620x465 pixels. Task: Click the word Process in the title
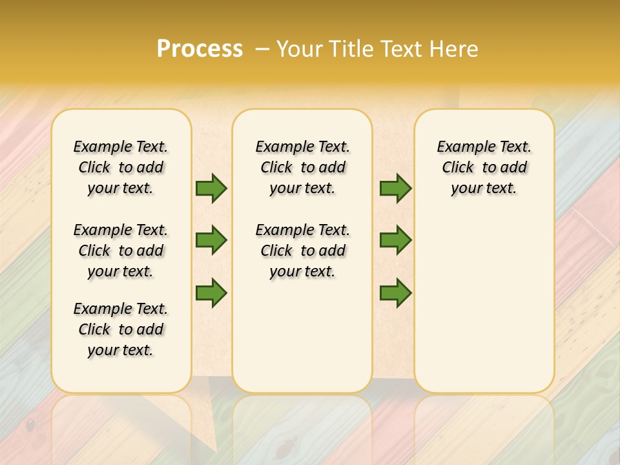[200, 48]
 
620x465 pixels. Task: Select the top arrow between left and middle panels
[211, 188]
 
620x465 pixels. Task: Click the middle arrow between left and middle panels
[211, 240]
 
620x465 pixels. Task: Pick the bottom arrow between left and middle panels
[211, 293]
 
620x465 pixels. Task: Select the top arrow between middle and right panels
[395, 188]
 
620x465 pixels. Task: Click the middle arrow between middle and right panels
[395, 240]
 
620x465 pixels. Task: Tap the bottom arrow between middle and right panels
[395, 293]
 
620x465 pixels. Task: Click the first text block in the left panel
[121, 167]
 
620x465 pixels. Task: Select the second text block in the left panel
[121, 251]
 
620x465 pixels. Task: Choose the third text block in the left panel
[121, 329]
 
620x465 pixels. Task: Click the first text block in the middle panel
[302, 167]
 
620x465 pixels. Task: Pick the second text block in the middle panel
[302, 251]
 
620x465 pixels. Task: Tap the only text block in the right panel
[484, 167]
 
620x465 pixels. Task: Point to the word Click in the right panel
[458, 168]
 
